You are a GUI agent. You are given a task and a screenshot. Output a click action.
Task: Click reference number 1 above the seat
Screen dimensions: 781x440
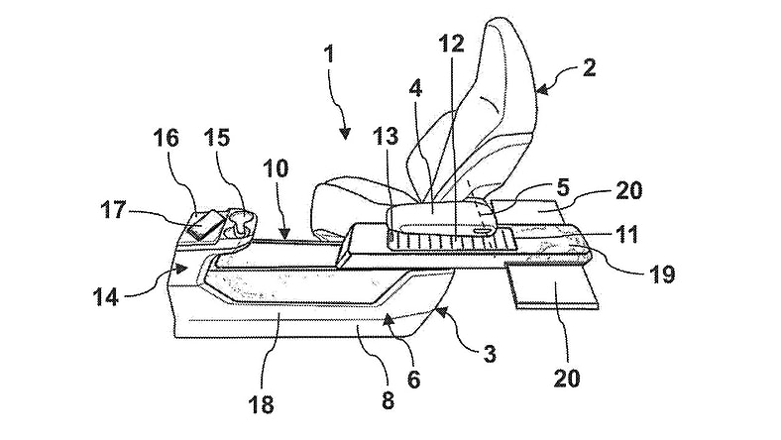tap(329, 54)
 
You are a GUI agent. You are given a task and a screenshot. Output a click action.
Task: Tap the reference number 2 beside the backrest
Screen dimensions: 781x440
tap(589, 67)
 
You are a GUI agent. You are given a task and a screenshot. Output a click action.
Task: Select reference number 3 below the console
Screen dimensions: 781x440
tap(491, 355)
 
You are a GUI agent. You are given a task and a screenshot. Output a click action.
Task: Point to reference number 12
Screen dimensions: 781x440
tap(452, 44)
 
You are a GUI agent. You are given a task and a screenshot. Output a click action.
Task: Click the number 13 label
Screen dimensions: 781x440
tap(386, 136)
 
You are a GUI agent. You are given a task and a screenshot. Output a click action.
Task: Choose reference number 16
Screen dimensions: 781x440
tap(166, 138)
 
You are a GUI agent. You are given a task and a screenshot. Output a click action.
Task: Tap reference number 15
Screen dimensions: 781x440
tap(218, 138)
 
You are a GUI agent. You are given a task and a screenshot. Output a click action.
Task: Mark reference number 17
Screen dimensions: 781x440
tap(114, 210)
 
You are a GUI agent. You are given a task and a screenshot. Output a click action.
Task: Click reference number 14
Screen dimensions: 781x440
tap(106, 297)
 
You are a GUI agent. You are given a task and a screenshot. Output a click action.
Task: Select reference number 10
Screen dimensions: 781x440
tap(276, 168)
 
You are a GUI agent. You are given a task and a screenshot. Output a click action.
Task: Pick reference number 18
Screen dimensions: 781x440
tap(261, 404)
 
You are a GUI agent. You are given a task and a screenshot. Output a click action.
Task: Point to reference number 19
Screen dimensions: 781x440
tap(662, 274)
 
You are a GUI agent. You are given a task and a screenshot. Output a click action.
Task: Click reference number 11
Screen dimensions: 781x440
tap(626, 234)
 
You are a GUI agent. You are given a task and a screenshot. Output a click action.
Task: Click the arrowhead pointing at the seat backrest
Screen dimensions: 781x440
tap(543, 90)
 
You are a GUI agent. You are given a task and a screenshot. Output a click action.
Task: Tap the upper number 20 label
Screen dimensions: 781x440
tap(629, 191)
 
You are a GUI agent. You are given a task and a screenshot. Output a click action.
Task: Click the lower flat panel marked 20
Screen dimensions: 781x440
tap(554, 287)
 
